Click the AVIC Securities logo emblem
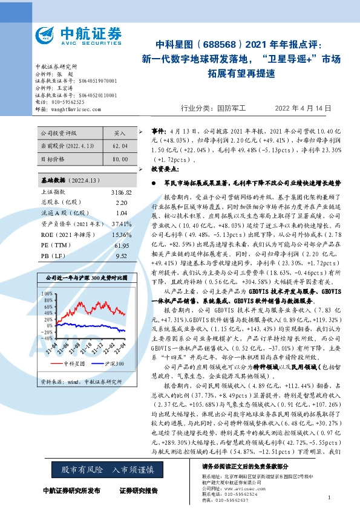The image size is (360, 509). coord(47,34)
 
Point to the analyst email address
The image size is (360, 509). coord(76,109)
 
